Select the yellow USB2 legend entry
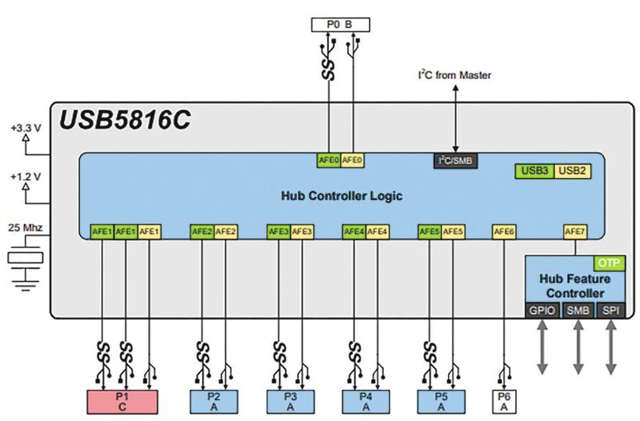point(572,170)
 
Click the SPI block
point(612,309)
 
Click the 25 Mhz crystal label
point(26,228)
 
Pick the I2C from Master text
point(454,75)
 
